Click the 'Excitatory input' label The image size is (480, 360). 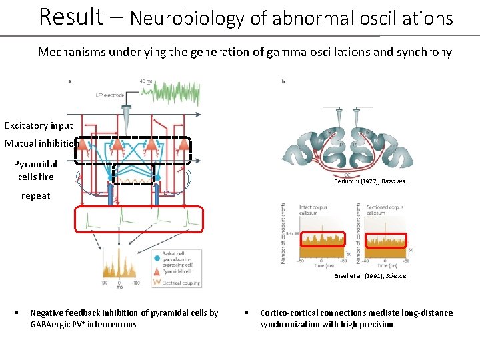click(39, 125)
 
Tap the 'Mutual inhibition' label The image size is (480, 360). click(42, 143)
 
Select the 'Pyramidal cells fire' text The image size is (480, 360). click(36, 170)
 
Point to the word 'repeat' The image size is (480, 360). click(35, 196)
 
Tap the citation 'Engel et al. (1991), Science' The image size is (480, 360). click(369, 275)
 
